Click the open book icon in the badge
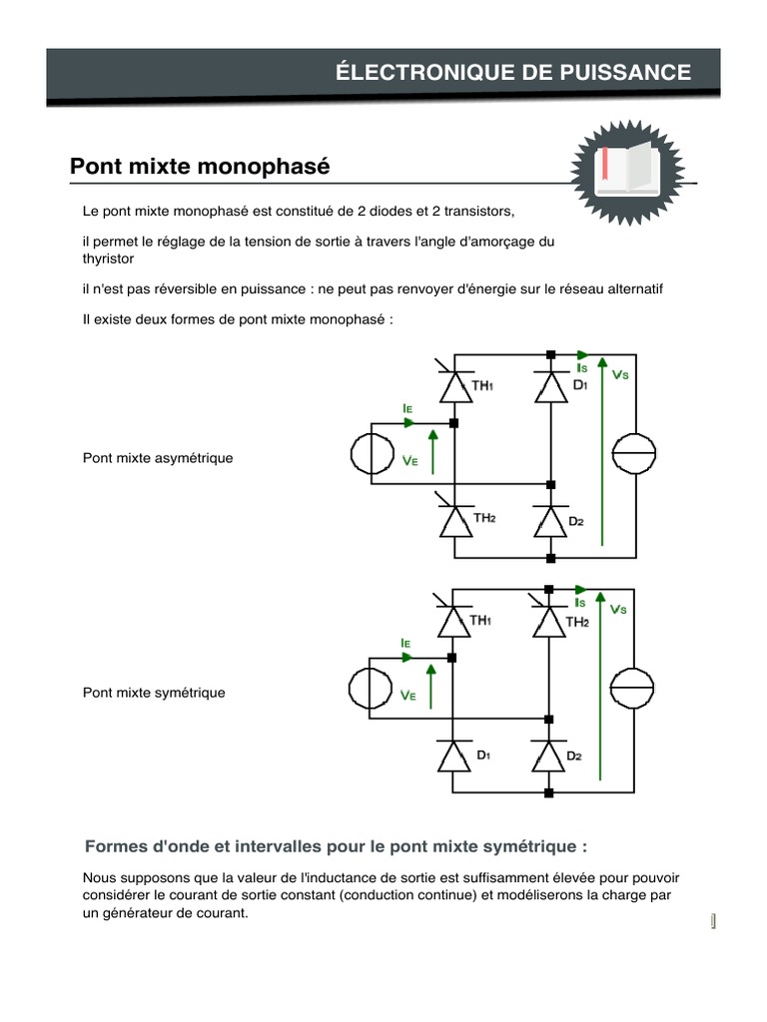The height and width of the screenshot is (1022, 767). tap(627, 170)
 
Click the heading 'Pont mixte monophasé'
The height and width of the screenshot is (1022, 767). tap(200, 166)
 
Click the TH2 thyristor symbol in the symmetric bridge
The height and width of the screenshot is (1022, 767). tap(547, 622)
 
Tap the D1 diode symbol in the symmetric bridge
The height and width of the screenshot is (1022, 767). tap(453, 756)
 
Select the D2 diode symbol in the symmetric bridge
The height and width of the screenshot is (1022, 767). tap(547, 756)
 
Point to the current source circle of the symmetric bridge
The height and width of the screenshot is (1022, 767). tap(632, 690)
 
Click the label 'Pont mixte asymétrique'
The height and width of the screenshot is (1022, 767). tap(158, 458)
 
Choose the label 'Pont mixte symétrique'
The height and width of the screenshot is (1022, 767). tap(154, 693)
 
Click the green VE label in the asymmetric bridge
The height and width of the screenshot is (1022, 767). tap(409, 462)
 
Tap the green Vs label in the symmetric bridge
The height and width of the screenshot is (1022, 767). tap(618, 609)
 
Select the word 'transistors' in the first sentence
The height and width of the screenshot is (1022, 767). tap(479, 213)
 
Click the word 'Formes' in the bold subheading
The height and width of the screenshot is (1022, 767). tap(117, 846)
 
